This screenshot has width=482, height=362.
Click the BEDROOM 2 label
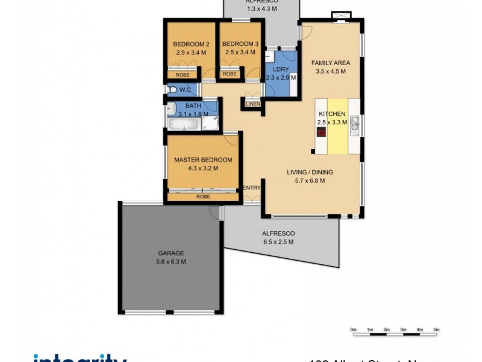(190, 44)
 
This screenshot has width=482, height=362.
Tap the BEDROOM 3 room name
(240, 44)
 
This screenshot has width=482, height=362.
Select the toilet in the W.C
(173, 90)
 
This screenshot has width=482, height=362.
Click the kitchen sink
(355, 124)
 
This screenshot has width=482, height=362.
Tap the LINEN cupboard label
(252, 104)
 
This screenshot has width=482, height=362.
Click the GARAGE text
(171, 253)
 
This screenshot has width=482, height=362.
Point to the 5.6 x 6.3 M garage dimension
(171, 262)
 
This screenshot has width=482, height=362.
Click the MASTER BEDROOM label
(202, 160)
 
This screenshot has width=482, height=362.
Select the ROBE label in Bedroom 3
(230, 74)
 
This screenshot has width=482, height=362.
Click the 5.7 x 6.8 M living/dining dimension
(309, 180)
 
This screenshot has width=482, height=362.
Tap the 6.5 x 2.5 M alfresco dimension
(278, 242)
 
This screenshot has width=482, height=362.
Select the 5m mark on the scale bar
(436, 329)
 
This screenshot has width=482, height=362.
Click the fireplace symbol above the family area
(342, 16)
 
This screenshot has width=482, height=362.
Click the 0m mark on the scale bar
(353, 329)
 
